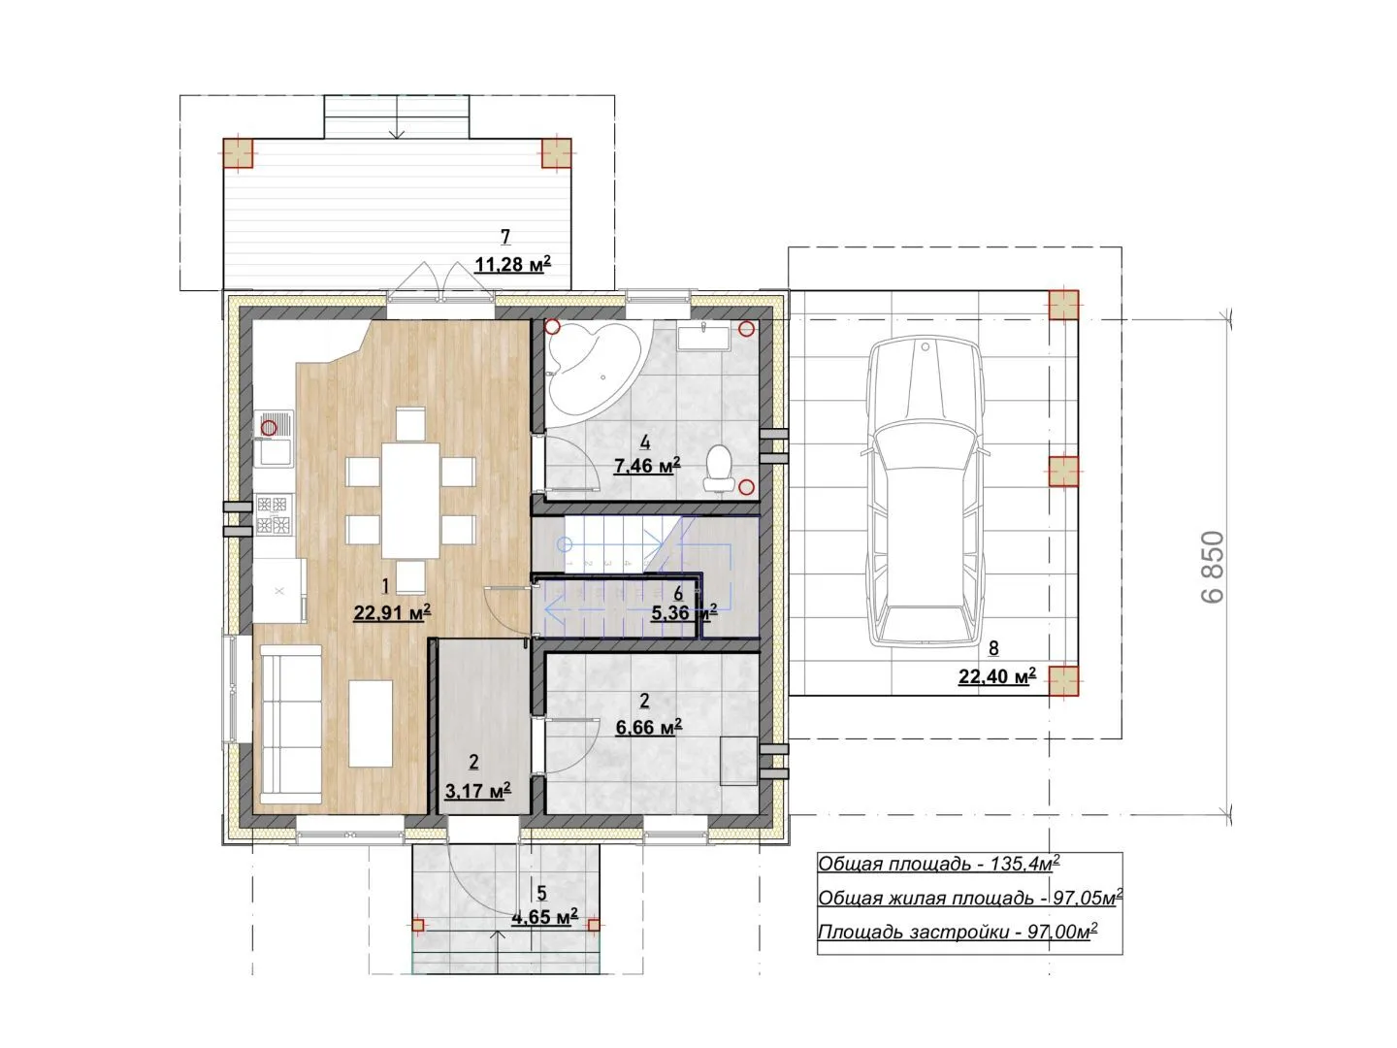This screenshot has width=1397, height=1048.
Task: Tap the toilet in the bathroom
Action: pyautogui.click(x=719, y=469)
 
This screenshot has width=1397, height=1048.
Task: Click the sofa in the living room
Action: pyautogui.click(x=292, y=724)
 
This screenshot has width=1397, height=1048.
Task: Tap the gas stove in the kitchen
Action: pyautogui.click(x=273, y=514)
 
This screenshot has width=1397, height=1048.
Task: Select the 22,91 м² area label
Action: pyautogui.click(x=392, y=612)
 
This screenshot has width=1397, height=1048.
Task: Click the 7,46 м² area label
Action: pyautogui.click(x=647, y=466)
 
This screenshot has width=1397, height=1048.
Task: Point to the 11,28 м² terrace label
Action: pyautogui.click(x=512, y=263)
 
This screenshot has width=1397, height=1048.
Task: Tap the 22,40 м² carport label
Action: pyautogui.click(x=996, y=676)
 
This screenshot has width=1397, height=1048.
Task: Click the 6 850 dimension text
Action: pyautogui.click(x=1213, y=567)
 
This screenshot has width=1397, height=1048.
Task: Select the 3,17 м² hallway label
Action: pyautogui.click(x=477, y=791)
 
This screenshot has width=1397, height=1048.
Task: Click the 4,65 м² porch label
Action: pyautogui.click(x=545, y=918)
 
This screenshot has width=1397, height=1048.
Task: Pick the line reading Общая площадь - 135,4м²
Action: pyautogui.click(x=939, y=864)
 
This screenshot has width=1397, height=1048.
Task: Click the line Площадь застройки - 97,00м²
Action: pyautogui.click(x=958, y=932)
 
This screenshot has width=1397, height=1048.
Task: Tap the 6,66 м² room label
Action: pyautogui.click(x=649, y=726)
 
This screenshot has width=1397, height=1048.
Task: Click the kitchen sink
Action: pyautogui.click(x=273, y=440)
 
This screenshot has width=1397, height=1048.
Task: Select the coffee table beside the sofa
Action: pyautogui.click(x=371, y=724)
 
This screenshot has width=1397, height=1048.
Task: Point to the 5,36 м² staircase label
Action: pyautogui.click(x=684, y=612)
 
